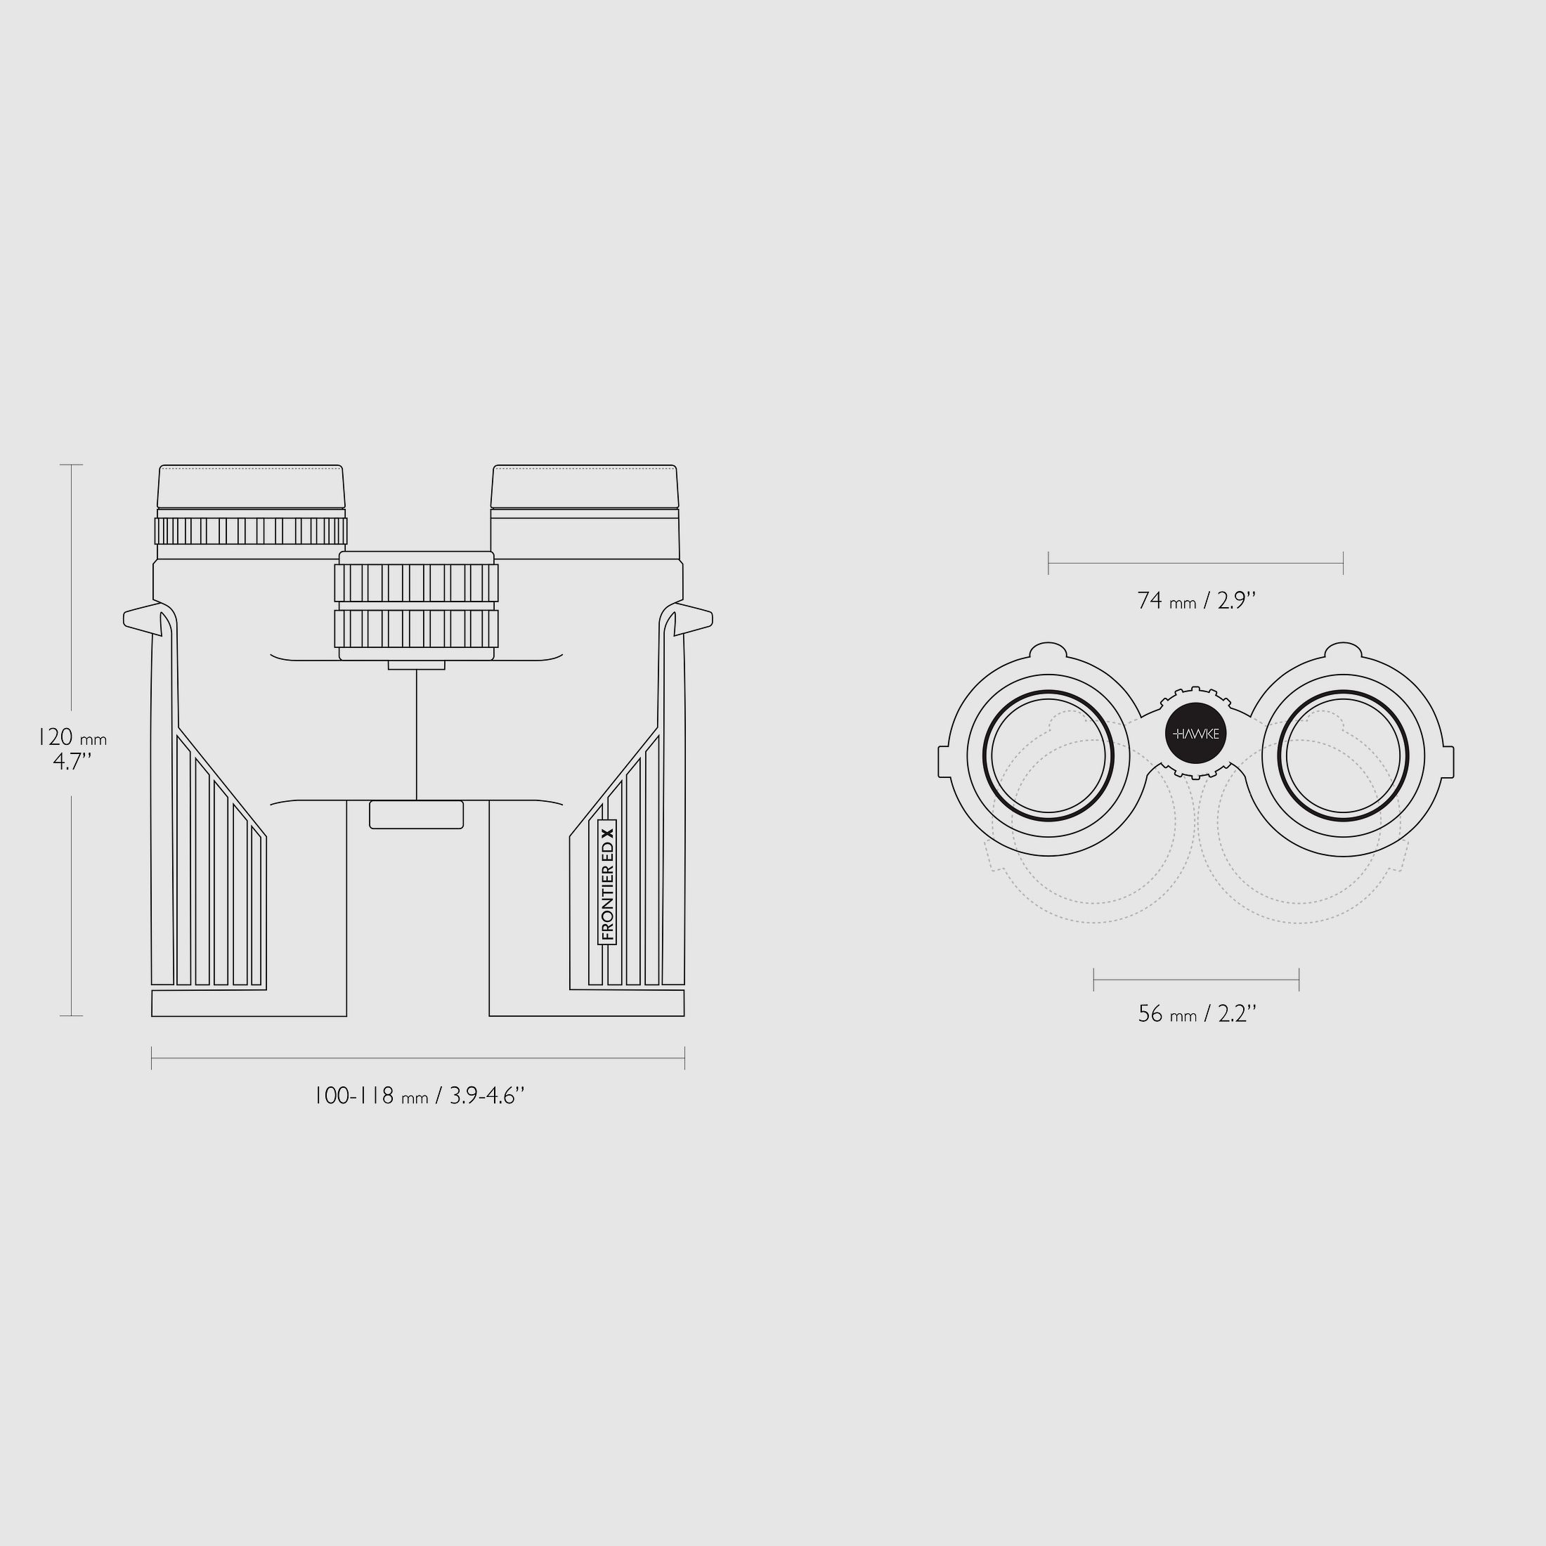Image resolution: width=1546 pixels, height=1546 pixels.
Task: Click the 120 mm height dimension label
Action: [72, 737]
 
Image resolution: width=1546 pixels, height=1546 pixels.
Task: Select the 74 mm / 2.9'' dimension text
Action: [1196, 600]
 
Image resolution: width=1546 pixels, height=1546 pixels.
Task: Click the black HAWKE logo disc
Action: [1196, 733]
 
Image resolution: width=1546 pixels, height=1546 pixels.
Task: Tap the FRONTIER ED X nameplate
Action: [607, 881]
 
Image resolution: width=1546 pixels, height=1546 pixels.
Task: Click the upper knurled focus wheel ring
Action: [416, 583]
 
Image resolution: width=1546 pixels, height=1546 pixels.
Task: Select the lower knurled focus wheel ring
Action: [416, 629]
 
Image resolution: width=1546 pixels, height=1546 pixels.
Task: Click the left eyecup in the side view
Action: [252, 486]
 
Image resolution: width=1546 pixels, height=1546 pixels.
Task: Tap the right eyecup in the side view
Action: [585, 486]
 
